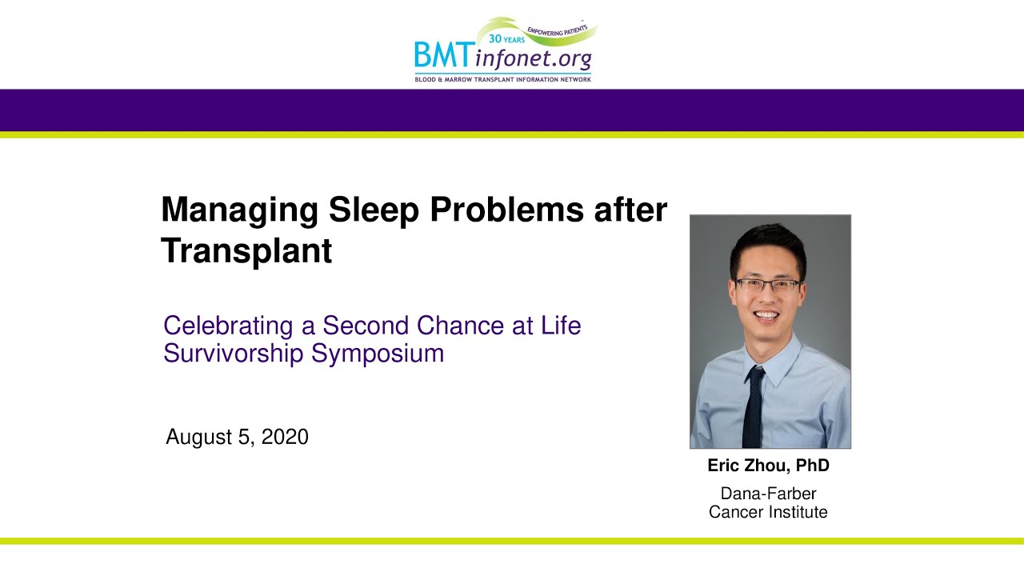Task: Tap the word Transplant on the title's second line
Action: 246,251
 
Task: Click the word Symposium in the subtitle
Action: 378,354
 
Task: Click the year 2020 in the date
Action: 285,438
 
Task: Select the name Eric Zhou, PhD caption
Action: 768,466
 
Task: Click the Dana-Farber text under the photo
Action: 768,494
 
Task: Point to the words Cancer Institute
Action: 768,512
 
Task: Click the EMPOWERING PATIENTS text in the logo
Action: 557,30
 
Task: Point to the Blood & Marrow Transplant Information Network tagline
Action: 502,79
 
